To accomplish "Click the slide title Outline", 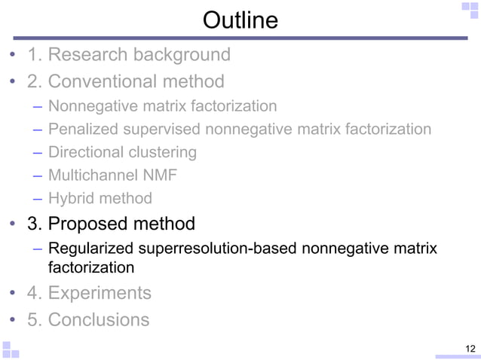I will [240, 20].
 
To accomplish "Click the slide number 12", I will [470, 347].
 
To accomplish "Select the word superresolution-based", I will [222, 249].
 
